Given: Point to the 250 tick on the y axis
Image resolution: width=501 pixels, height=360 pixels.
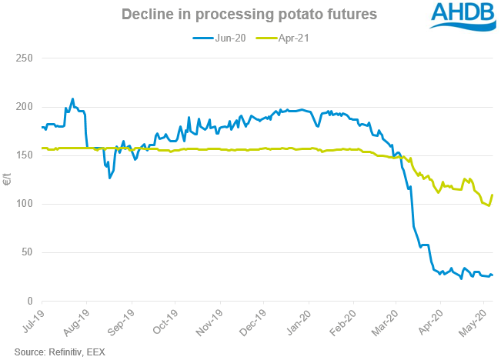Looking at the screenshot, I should [22, 58].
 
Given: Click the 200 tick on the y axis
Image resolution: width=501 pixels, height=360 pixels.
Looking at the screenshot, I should [22, 107].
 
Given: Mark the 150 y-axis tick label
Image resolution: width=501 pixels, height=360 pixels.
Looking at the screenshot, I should [22, 155].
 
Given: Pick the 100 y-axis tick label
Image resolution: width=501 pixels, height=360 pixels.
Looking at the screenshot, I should [22, 204].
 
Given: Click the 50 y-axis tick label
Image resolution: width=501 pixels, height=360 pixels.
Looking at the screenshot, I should [25, 252].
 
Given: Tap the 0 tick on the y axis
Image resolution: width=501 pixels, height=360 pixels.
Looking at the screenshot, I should [28, 301].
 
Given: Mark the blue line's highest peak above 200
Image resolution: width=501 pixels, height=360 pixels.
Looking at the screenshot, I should [72, 99].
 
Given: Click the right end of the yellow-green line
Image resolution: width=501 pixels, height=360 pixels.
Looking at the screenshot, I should [492, 195].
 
